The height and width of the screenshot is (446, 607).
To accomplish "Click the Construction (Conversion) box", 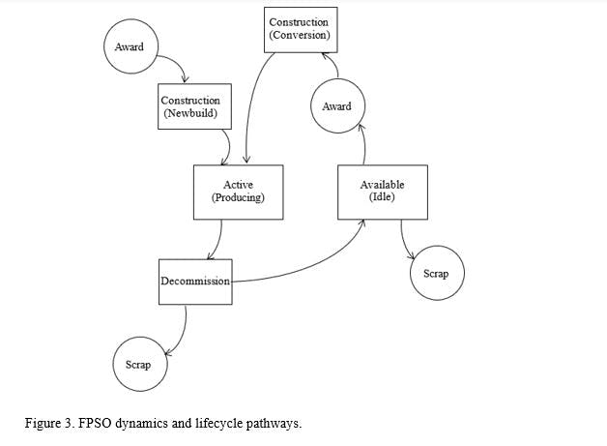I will (299, 29).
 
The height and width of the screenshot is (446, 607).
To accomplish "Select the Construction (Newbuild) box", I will (189, 106).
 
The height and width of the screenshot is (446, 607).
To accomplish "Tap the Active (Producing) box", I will (237, 191).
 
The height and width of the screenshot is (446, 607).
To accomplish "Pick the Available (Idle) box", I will (382, 191).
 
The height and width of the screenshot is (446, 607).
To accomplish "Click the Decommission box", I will (195, 282).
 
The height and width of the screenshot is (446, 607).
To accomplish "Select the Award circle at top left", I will (130, 46).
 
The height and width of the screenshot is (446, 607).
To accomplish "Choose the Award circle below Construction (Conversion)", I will (336, 106).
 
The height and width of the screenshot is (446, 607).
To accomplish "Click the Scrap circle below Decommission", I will (138, 365).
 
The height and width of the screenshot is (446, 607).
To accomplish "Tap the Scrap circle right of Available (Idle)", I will (436, 274).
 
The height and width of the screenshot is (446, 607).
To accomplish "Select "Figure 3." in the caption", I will (47, 424).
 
